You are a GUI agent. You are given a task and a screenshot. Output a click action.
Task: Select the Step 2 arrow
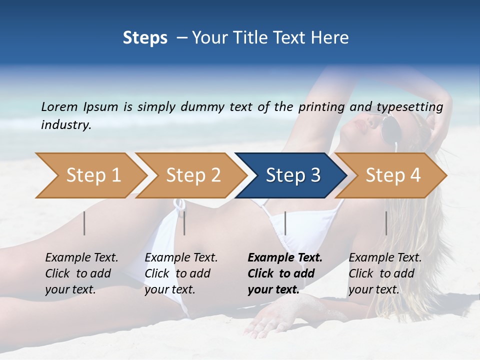click(x=192, y=175)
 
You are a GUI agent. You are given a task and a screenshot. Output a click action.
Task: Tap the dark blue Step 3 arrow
click(x=292, y=175)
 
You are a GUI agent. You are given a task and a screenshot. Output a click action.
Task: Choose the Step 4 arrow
click(x=392, y=175)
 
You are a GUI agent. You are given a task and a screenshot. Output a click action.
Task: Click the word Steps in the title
click(x=145, y=38)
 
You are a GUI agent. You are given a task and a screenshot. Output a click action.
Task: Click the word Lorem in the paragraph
click(x=59, y=106)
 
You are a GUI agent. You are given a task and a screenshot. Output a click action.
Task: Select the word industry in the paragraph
click(x=65, y=124)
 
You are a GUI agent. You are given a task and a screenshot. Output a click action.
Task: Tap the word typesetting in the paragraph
click(x=409, y=106)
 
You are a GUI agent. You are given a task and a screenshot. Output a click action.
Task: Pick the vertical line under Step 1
click(x=84, y=223)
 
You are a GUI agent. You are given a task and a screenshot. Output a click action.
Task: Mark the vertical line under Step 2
click(x=184, y=223)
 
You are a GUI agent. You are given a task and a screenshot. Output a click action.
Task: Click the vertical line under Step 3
click(x=285, y=223)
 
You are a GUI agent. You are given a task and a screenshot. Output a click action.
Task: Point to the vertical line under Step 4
click(x=386, y=223)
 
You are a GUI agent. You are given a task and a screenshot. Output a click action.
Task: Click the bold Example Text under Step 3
click(x=285, y=258)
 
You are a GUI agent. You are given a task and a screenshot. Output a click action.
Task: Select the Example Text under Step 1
click(x=81, y=258)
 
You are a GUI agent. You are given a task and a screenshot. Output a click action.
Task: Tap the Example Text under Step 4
click(x=385, y=258)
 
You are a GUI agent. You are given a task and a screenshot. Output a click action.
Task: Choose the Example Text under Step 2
click(x=181, y=258)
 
